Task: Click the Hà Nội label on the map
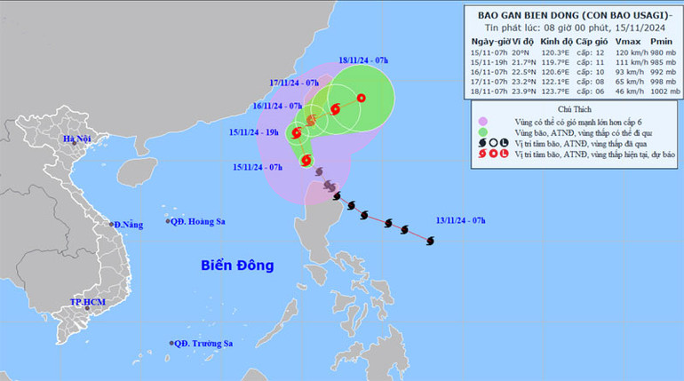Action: click(x=77, y=140)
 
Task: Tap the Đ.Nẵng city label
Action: click(x=126, y=225)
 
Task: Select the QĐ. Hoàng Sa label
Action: click(x=203, y=222)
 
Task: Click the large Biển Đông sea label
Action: click(x=237, y=265)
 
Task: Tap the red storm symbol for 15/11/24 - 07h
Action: click(x=306, y=161)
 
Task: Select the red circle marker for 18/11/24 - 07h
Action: click(x=361, y=98)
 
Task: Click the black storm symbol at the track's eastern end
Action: click(x=431, y=241)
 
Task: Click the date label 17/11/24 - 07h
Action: click(x=296, y=83)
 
